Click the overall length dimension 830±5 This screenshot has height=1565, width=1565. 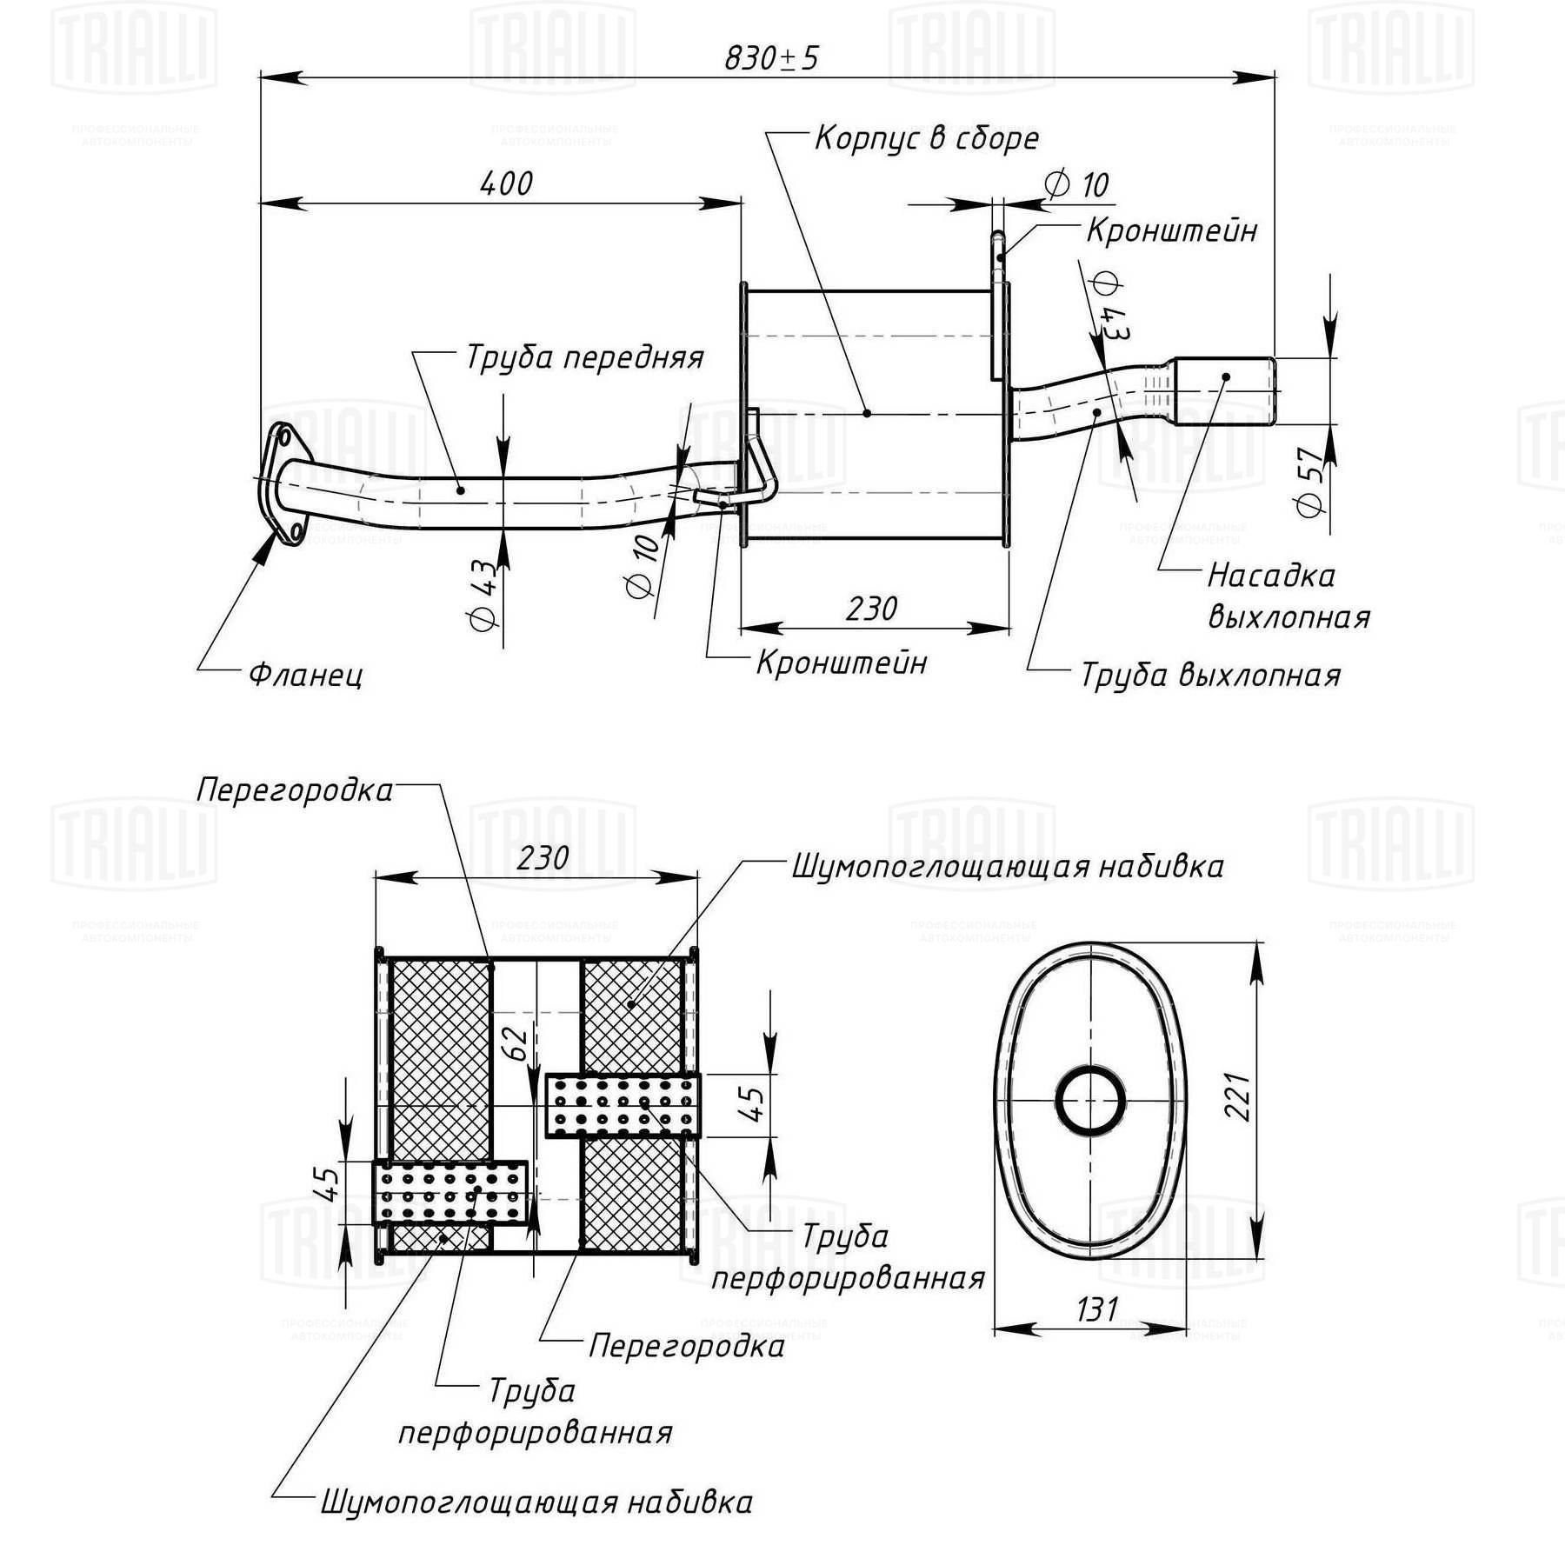coord(771,58)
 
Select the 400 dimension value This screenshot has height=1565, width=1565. coord(506,183)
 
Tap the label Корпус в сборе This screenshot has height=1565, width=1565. coord(927,138)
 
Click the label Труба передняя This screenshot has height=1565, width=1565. coord(584,357)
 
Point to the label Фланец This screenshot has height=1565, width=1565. coord(306,675)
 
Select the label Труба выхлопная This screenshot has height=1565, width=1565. coord(1210,676)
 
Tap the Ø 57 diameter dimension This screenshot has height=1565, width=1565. coord(1311,483)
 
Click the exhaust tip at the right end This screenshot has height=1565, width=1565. coord(1225,390)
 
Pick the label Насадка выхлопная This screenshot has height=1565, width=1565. coord(1289,596)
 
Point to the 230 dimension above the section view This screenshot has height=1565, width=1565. coord(543,858)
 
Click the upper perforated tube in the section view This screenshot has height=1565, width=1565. coord(623,1105)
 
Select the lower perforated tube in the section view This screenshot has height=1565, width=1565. coord(450,1192)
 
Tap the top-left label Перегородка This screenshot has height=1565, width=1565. coord(295,790)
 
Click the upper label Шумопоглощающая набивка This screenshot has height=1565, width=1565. coord(1008,867)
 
